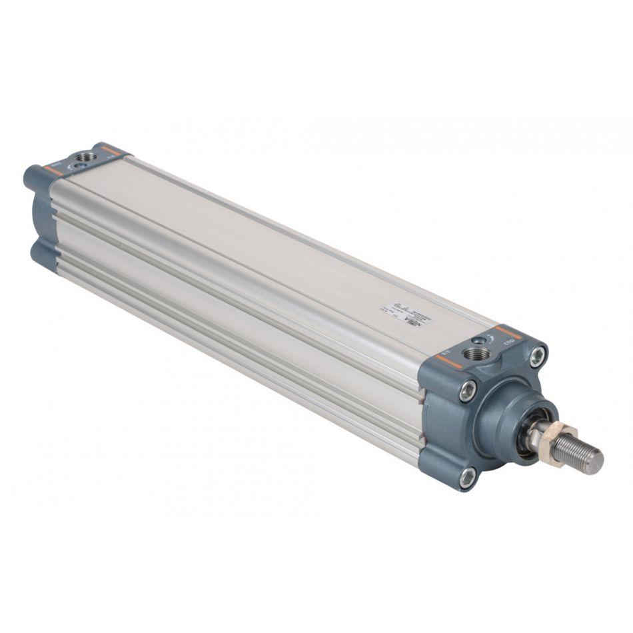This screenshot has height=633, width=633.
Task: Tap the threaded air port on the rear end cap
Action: pos(85,157)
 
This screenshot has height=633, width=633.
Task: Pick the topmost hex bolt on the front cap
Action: pos(537,354)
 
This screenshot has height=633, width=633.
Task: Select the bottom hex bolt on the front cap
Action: pos(468,476)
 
